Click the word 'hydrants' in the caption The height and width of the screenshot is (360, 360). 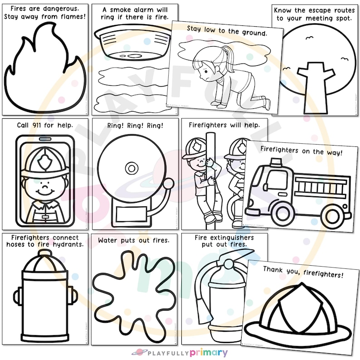click(x=68, y=245)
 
